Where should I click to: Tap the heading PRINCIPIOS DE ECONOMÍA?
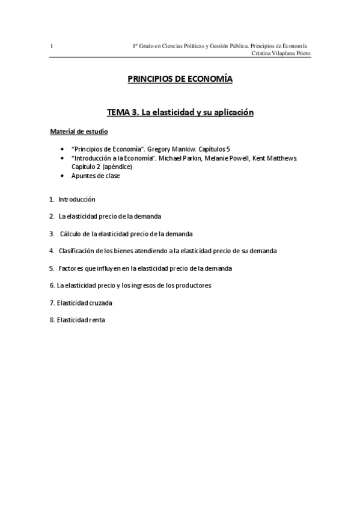click(x=180, y=78)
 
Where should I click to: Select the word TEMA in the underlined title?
click(x=119, y=112)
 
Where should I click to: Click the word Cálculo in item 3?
click(x=71, y=233)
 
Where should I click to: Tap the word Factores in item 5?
click(x=72, y=268)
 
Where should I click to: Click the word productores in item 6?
click(x=194, y=285)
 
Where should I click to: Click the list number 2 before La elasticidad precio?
click(x=51, y=216)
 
